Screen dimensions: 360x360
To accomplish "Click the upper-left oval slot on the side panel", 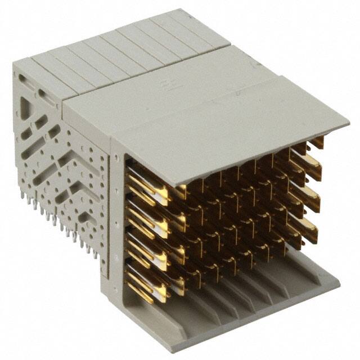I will [x=22, y=79].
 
